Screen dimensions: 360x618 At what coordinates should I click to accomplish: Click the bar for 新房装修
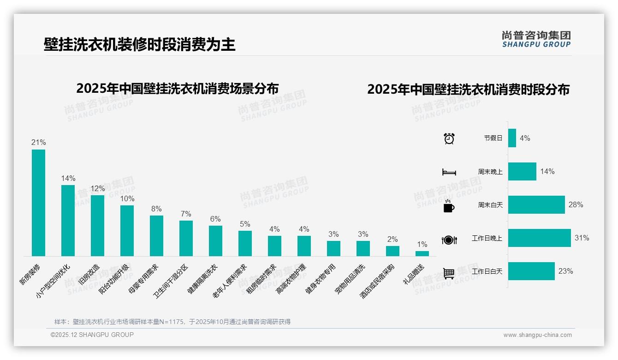[38, 203]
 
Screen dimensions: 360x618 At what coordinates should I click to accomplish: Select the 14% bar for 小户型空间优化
[68, 221]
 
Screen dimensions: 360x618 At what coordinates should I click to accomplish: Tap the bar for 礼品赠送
[422, 253]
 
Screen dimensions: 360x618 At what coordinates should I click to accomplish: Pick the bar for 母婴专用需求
[156, 236]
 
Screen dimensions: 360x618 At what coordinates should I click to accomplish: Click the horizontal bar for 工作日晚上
[539, 238]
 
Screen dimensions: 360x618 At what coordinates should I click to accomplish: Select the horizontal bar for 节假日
[512, 138]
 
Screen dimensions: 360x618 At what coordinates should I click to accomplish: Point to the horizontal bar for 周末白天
[536, 204]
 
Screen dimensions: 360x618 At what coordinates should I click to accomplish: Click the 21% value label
[38, 143]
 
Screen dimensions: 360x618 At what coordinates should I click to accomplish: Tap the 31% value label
[582, 238]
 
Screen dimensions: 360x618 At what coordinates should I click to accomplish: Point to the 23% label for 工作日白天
[565, 271]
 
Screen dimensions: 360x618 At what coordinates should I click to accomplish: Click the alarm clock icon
[449, 138]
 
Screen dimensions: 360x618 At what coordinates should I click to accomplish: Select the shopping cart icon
[449, 273]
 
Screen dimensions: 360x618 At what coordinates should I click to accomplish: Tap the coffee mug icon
[449, 206]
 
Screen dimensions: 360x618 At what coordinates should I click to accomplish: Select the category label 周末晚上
[490, 172]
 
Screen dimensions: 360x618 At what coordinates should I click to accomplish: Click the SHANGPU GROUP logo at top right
[536, 39]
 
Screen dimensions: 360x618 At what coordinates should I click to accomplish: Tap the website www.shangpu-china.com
[537, 335]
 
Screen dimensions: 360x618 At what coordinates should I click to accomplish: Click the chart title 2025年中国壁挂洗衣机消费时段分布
[468, 90]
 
